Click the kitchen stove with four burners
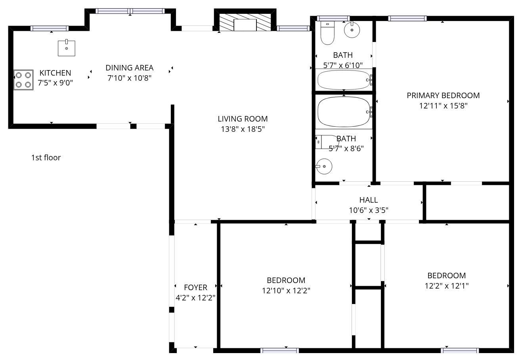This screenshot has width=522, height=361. [x=23, y=80]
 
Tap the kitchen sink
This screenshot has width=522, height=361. [x=67, y=48]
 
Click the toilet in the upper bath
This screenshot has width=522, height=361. [x=327, y=33]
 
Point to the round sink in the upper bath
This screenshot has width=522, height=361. [x=352, y=30]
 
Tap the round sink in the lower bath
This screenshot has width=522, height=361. [x=324, y=166]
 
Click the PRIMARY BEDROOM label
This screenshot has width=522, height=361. [x=443, y=95]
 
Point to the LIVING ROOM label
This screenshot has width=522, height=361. [x=243, y=119]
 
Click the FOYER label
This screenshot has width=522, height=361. [x=195, y=287]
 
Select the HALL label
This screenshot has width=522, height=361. [x=369, y=200]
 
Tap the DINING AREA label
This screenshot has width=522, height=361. [x=129, y=68]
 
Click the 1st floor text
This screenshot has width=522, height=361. [x=46, y=158]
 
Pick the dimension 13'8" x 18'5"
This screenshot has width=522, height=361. [x=243, y=129]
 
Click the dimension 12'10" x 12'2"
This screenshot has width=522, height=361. [x=286, y=291]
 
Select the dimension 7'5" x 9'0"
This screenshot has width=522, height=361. [x=55, y=83]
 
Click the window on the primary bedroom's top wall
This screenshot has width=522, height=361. [x=407, y=18]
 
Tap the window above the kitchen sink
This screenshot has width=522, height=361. [x=50, y=28]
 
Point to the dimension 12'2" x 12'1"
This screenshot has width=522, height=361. [x=447, y=286]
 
